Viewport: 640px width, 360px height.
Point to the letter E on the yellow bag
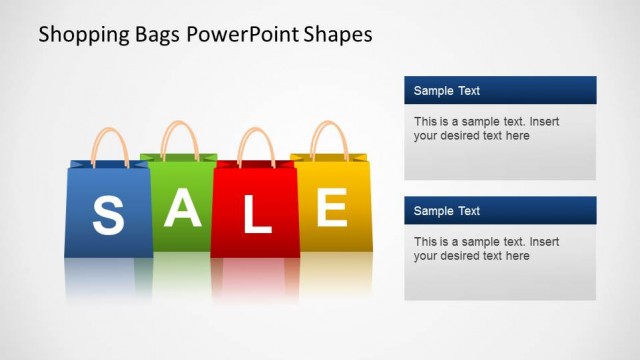[331, 207]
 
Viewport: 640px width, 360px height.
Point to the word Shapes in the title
[340, 35]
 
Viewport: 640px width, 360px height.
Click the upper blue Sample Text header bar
[500, 91]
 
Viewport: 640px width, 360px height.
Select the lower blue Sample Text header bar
[500, 211]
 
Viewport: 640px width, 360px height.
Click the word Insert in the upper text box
[545, 122]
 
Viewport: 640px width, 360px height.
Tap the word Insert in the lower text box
[545, 242]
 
